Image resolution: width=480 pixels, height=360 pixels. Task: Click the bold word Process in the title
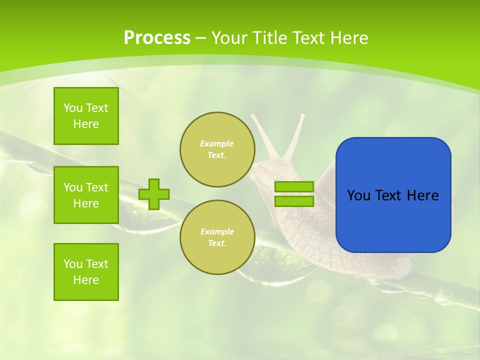(x=157, y=37)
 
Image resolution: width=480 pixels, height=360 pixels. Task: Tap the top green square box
(x=86, y=116)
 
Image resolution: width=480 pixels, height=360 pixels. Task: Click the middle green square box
(x=86, y=195)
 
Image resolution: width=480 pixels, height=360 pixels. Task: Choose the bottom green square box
(x=86, y=272)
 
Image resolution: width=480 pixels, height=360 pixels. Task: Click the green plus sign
(x=154, y=194)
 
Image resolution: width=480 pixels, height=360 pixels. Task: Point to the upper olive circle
(x=217, y=149)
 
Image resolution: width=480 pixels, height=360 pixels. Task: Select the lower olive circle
(x=217, y=237)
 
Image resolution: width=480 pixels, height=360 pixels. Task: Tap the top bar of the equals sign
(x=294, y=187)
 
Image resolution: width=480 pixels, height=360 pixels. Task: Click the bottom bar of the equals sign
(x=294, y=201)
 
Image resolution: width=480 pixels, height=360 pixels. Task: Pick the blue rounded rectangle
(x=393, y=195)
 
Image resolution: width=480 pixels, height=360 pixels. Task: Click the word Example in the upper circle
(x=217, y=143)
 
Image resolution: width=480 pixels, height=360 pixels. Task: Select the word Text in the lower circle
(x=217, y=243)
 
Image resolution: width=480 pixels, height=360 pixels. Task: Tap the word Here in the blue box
(x=422, y=195)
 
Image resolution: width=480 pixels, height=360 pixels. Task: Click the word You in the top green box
(x=73, y=108)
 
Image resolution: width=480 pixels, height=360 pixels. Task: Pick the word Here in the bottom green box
(x=86, y=280)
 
